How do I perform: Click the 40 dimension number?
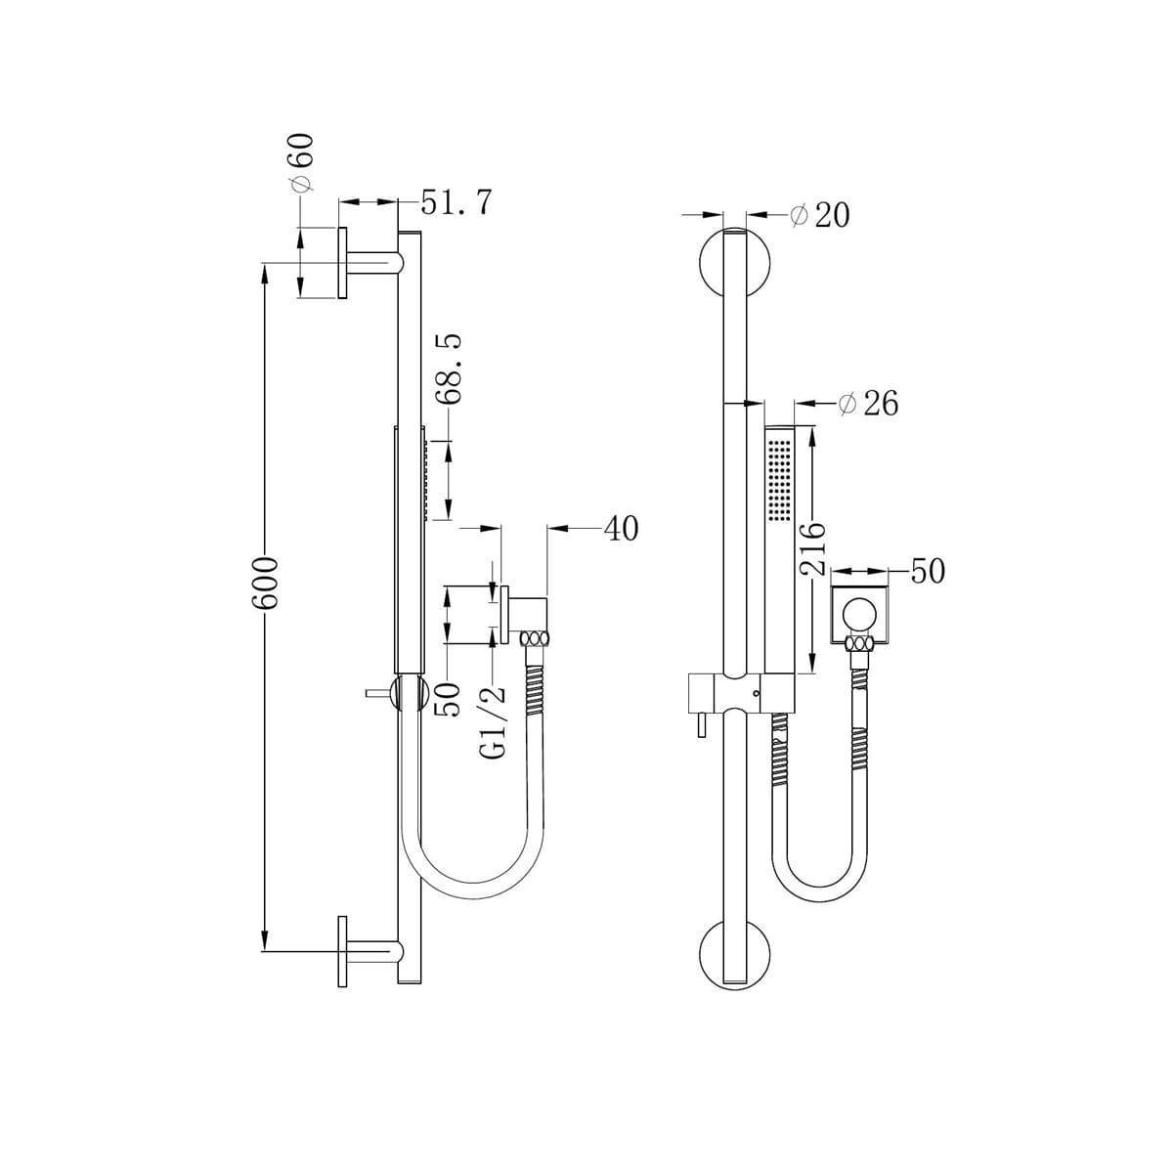(x=621, y=529)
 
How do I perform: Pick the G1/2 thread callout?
(x=496, y=721)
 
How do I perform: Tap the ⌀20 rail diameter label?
(x=820, y=215)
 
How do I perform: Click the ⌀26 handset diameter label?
(x=868, y=403)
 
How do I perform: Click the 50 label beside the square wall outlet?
(x=928, y=571)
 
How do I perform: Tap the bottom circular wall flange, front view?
(x=735, y=956)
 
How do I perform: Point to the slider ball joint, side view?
(x=409, y=692)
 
